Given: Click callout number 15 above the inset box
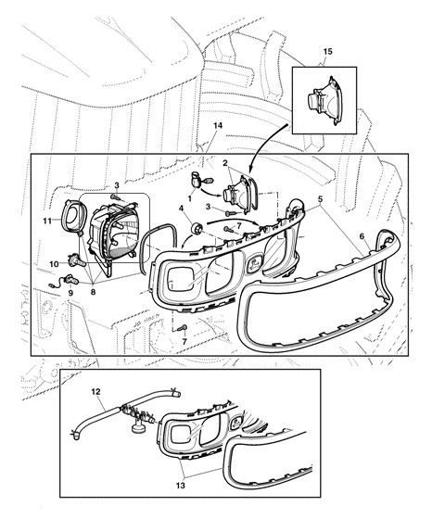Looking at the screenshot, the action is pyautogui.click(x=327, y=52).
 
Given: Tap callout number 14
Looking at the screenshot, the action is pyautogui.click(x=218, y=126).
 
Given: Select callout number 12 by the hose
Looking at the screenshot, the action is pyautogui.click(x=95, y=392).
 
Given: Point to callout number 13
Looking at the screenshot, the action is pyautogui.click(x=181, y=486).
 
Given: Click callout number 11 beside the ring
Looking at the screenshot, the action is pyautogui.click(x=47, y=221).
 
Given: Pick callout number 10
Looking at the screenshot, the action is pyautogui.click(x=54, y=264).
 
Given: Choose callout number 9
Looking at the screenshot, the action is pyautogui.click(x=70, y=293).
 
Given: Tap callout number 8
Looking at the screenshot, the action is pyautogui.click(x=93, y=292).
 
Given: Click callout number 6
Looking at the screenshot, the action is pyautogui.click(x=362, y=236).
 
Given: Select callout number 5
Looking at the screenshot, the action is pyautogui.click(x=320, y=199).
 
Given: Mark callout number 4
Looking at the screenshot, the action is pyautogui.click(x=181, y=209).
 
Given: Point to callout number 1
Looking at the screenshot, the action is pyautogui.click(x=190, y=198).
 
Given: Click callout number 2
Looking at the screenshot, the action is pyautogui.click(x=225, y=163).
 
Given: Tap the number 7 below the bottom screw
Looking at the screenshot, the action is pyautogui.click(x=184, y=341).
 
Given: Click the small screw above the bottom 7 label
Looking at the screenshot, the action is pyautogui.click(x=183, y=328).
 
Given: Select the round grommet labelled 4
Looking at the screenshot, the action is pyautogui.click(x=197, y=228).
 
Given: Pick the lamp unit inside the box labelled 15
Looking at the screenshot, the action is pyautogui.click(x=323, y=101).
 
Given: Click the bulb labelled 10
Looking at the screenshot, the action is pyautogui.click(x=76, y=260).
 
